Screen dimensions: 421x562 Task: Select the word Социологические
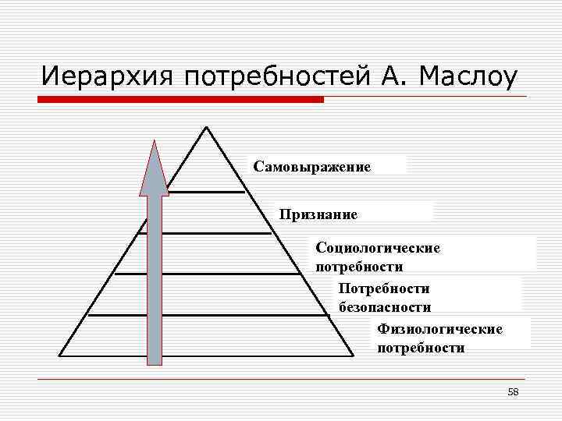pos(378,247)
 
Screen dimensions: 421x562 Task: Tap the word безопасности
pos(385,307)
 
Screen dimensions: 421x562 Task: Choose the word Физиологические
pos(439,329)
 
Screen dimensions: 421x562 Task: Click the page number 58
pos(513,391)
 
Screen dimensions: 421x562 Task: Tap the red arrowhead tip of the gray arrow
pos(155,143)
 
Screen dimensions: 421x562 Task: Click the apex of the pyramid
pos(206,128)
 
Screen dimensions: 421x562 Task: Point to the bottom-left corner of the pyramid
pos(61,356)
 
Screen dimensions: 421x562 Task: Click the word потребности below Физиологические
pos(421,348)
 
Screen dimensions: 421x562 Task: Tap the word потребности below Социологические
pos(359,267)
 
